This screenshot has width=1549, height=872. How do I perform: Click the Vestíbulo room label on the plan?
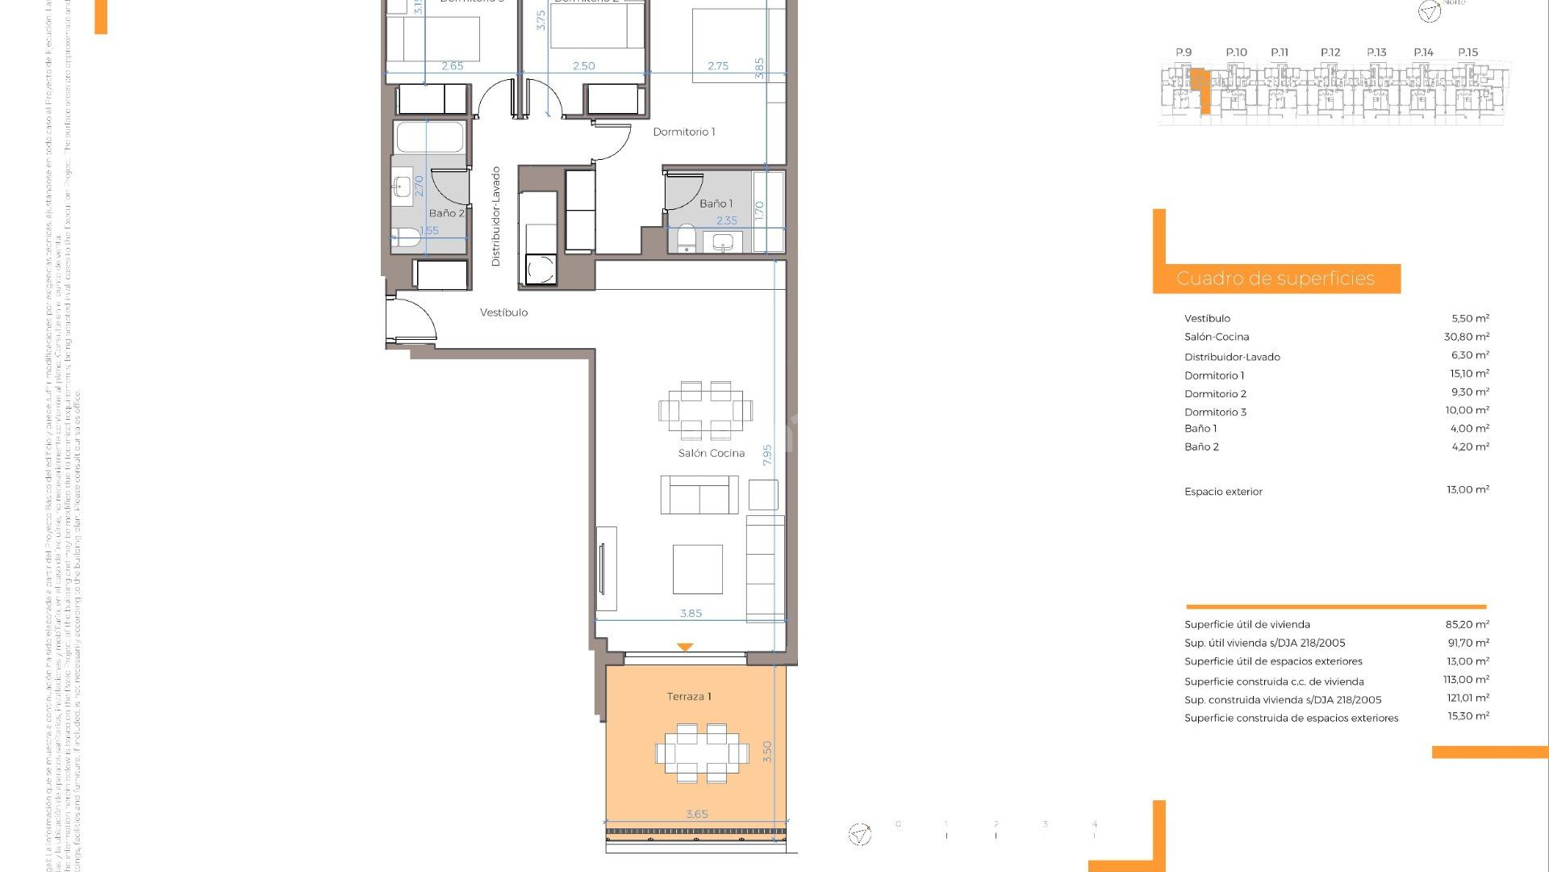(x=503, y=312)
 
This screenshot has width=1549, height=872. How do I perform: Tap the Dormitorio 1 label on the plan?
(x=683, y=132)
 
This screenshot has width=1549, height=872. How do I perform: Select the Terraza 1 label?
(x=688, y=696)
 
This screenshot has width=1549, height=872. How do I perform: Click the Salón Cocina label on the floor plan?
(x=711, y=453)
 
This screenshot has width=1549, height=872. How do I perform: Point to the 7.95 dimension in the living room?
(x=767, y=455)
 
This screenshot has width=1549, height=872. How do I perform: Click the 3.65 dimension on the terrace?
(x=696, y=814)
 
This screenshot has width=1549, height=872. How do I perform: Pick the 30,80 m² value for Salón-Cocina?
(x=1466, y=337)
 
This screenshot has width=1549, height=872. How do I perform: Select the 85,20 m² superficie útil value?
(x=1467, y=624)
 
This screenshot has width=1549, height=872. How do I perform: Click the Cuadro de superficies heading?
(x=1275, y=279)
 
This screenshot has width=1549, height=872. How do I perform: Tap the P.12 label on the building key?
(x=1330, y=52)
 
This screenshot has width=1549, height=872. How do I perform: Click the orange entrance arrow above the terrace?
(x=685, y=648)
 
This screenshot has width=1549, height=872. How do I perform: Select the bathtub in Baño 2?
(x=430, y=136)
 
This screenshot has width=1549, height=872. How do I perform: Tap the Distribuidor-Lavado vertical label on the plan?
(x=496, y=216)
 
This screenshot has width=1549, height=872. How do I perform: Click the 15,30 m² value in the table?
(x=1468, y=716)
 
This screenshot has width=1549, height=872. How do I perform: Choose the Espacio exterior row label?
(x=1223, y=492)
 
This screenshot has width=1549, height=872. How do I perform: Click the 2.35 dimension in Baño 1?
(x=726, y=220)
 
